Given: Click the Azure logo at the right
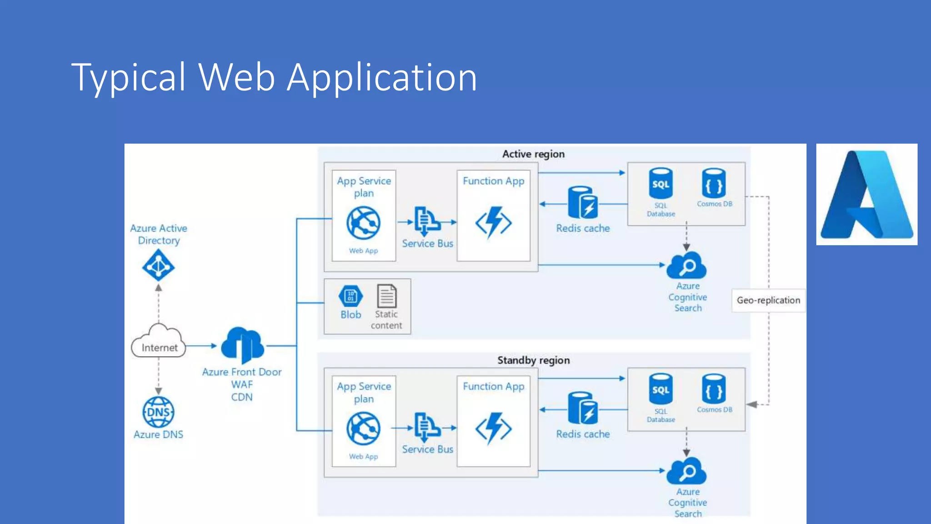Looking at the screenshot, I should pyautogui.click(x=866, y=195).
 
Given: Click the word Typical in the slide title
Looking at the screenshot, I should pyautogui.click(x=129, y=78).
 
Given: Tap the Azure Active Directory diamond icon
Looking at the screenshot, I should pyautogui.click(x=158, y=266).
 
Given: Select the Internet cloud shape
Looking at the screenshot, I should pyautogui.click(x=158, y=342).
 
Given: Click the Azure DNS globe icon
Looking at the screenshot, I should pyautogui.click(x=158, y=412).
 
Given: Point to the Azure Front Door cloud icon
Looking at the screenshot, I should pyautogui.click(x=242, y=344).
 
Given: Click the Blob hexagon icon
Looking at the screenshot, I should pyautogui.click(x=350, y=296).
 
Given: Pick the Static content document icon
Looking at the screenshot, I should pyautogui.click(x=386, y=296).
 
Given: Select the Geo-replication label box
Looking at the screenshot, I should pyautogui.click(x=768, y=300).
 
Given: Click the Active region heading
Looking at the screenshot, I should pyautogui.click(x=533, y=154).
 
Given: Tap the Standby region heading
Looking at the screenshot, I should pyautogui.click(x=533, y=360).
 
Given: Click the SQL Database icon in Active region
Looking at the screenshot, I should pyautogui.click(x=661, y=184).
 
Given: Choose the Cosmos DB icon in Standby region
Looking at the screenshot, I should pyautogui.click(x=714, y=389).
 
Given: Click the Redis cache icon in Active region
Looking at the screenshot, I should pyautogui.click(x=583, y=203).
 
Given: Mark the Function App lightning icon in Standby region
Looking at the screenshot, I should pyautogui.click(x=494, y=428).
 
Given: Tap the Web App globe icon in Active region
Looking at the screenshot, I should pyautogui.click(x=363, y=223).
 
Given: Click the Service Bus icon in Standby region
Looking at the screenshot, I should pyautogui.click(x=426, y=427).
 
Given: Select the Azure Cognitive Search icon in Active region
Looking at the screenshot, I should pyautogui.click(x=687, y=265).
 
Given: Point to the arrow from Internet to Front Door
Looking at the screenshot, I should pyautogui.click(x=201, y=346).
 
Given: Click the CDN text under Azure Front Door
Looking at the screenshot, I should pyautogui.click(x=242, y=397).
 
